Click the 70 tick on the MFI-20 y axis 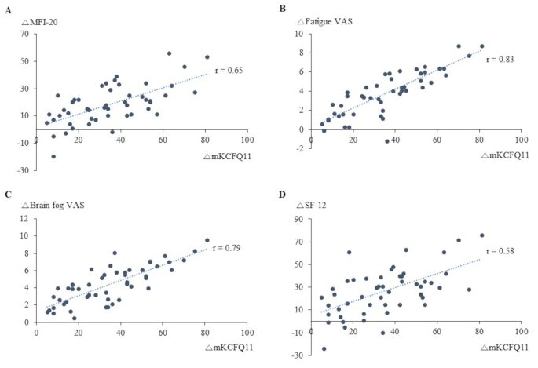click(x=24, y=34)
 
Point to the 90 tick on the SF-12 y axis click(x=298, y=219)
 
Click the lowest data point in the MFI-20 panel click(x=53, y=156)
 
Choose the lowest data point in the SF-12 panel click(x=324, y=348)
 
